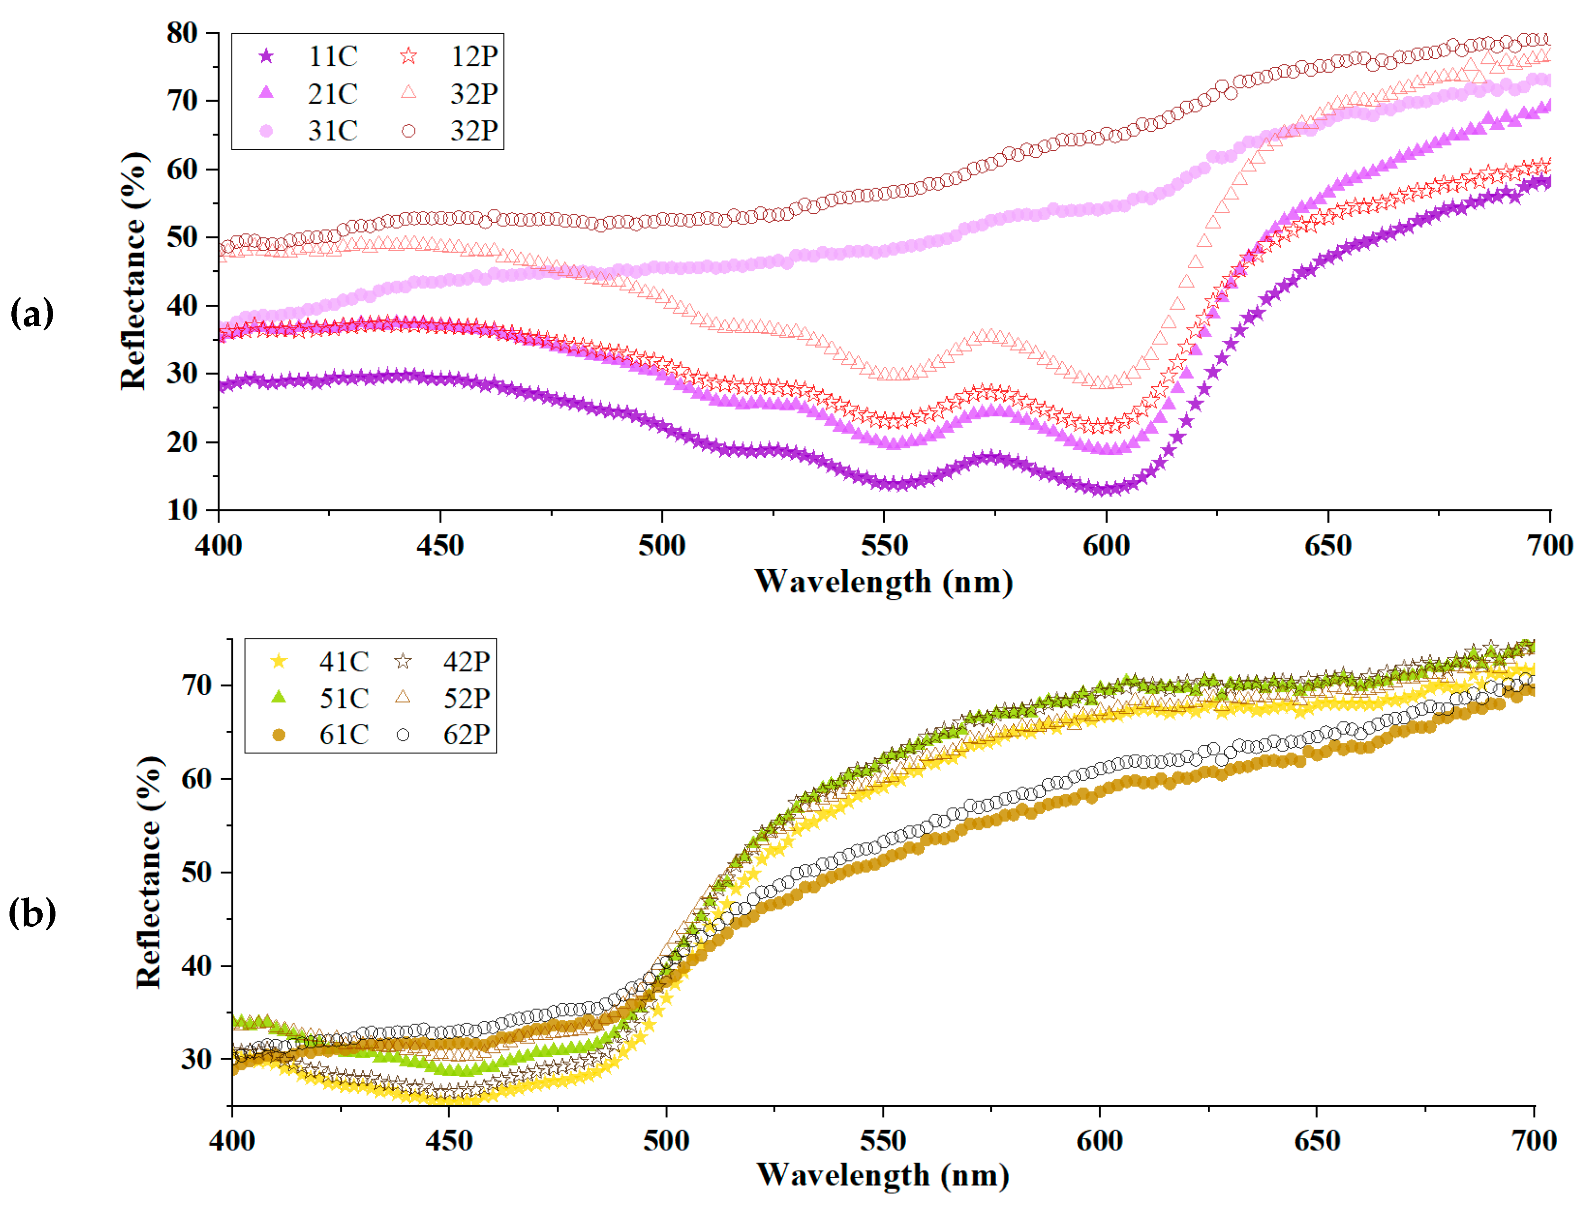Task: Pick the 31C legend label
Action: coord(332,131)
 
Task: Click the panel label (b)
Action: coord(32,913)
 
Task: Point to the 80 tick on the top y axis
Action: coord(182,33)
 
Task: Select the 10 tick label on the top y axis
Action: coord(182,510)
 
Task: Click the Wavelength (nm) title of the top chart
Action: coord(883,581)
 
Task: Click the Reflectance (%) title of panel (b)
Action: coord(149,872)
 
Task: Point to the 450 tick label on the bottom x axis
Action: coord(449,1140)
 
